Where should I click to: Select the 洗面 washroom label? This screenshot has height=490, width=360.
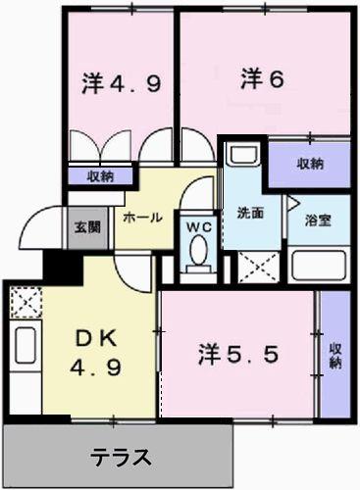tap(251, 214)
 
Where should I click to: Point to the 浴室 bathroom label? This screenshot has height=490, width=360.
tap(316, 220)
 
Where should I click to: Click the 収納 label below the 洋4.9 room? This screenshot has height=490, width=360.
tap(98, 176)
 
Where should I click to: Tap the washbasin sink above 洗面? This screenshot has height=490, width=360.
tap(241, 157)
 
